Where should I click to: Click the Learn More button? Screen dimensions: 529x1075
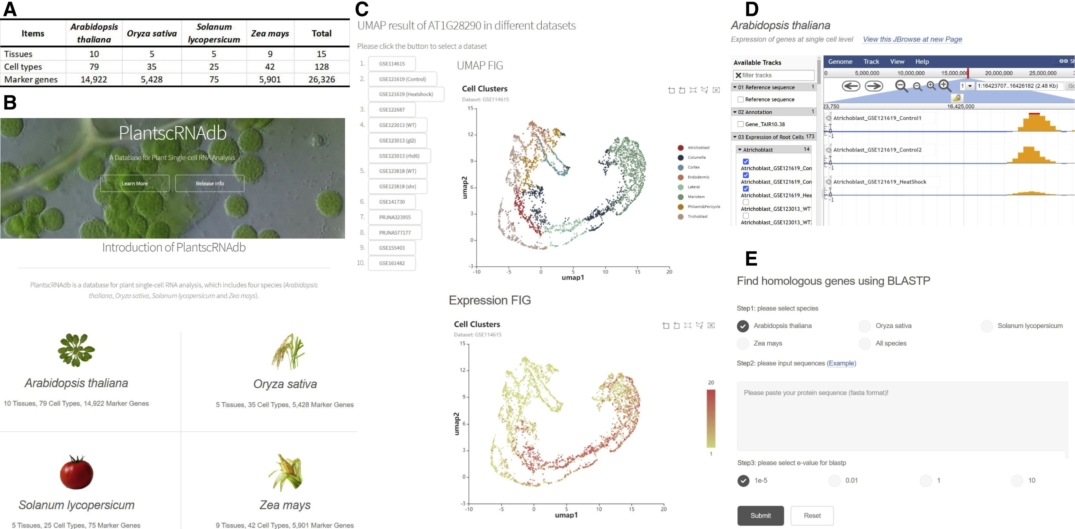tap(134, 183)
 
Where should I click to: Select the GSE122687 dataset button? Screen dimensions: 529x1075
tap(392, 110)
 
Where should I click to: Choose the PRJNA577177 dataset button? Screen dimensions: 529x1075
tap(395, 232)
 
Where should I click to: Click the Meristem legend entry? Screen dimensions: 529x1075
tap(696, 197)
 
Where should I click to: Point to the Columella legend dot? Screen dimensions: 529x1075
tap(680, 158)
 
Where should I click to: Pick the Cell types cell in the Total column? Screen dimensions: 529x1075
tap(321, 67)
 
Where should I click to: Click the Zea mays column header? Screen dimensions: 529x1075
tap(270, 34)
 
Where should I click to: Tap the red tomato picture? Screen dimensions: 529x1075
tap(76, 472)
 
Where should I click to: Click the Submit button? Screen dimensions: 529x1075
tap(760, 516)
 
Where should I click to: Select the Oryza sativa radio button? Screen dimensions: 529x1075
tap(865, 326)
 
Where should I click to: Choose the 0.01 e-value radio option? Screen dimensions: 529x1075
tap(834, 481)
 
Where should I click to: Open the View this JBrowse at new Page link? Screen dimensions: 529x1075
tap(912, 39)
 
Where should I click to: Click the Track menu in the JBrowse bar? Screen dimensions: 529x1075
tap(871, 61)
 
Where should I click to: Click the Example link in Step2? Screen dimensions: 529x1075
tap(841, 363)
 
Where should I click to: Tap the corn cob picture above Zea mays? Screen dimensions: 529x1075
tap(285, 472)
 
